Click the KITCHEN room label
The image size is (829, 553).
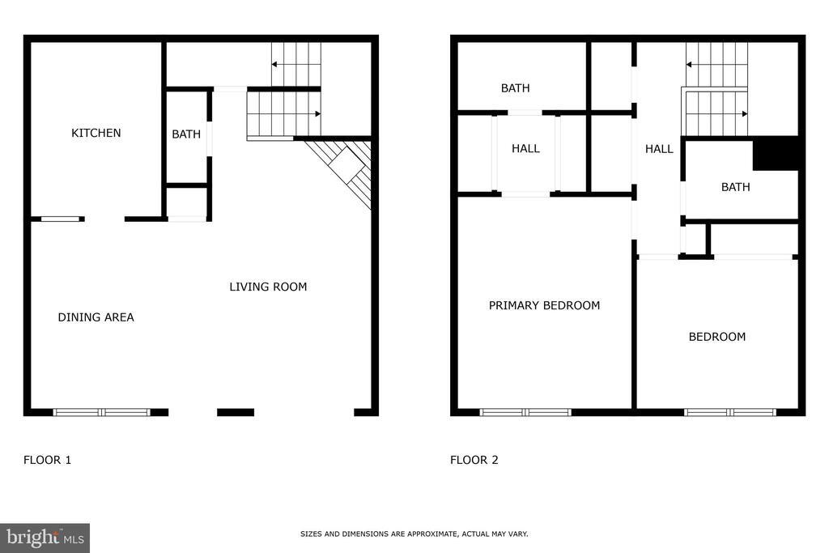(96, 133)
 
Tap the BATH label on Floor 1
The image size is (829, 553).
(186, 134)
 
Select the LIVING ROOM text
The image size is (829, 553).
(268, 287)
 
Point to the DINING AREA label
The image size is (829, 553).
(96, 317)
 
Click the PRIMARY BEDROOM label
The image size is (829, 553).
(544, 305)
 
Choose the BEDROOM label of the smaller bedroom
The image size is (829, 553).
(717, 337)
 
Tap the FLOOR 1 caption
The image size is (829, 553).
(47, 460)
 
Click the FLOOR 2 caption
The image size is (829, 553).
(474, 460)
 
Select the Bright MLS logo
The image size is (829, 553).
(45, 538)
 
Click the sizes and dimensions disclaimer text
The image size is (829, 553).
(414, 534)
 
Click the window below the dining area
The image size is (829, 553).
(102, 412)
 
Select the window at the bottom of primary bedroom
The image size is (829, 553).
(525, 412)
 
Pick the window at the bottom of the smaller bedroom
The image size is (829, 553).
(730, 412)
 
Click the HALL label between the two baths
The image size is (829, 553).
(659, 149)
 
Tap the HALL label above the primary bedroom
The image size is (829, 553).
(525, 149)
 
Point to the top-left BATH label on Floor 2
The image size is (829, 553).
(515, 88)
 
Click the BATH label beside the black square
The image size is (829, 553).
(735, 187)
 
